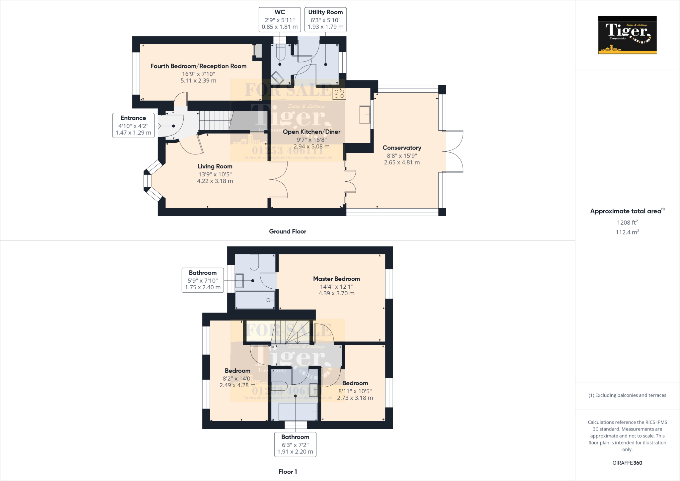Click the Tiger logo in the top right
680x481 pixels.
627,35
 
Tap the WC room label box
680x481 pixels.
280,20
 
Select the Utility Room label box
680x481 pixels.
325,20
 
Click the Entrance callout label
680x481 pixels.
133,125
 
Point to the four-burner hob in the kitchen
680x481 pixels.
339,94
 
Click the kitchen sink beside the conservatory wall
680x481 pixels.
365,115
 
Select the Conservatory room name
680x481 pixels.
402,147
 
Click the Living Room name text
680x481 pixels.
215,166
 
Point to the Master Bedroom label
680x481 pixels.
336,279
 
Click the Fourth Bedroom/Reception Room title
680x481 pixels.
198,66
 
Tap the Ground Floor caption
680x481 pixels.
288,232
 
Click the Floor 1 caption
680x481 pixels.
288,472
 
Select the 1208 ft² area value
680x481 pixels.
627,223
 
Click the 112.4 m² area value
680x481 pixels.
627,232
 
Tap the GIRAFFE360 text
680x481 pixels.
627,463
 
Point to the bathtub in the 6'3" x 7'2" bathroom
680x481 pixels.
297,412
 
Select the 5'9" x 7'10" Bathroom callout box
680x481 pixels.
203,280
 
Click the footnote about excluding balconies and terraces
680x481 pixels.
627,395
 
